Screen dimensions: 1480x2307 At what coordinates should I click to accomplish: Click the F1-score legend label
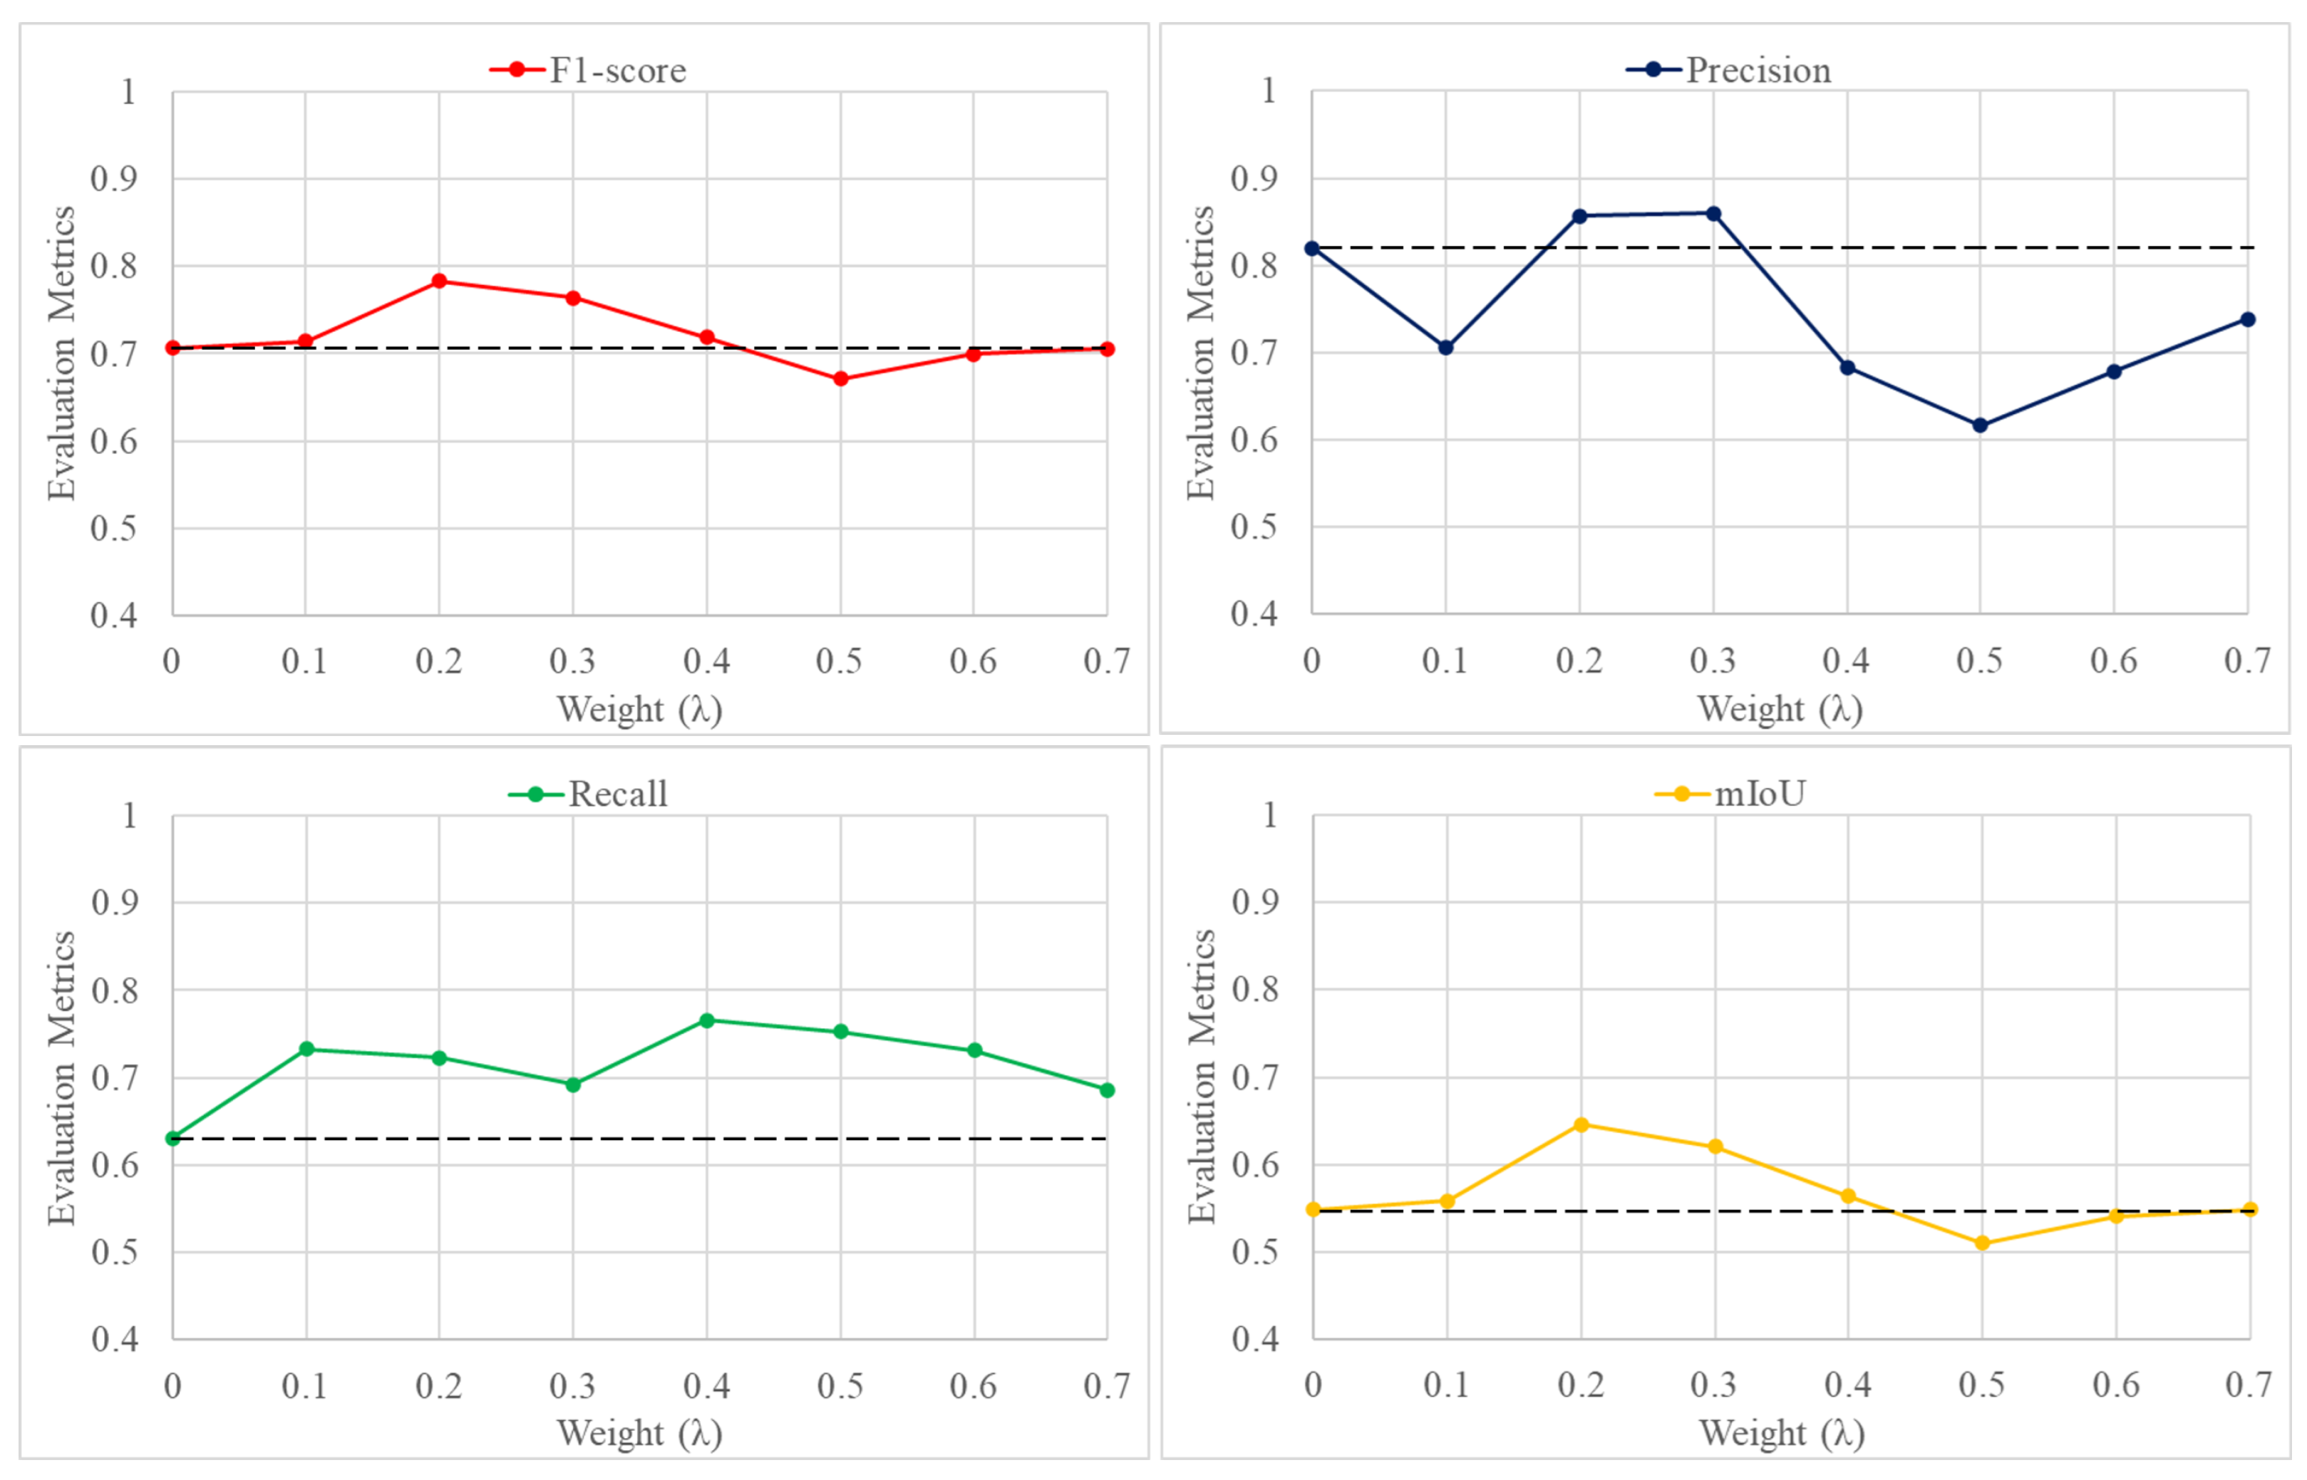pyautogui.click(x=617, y=70)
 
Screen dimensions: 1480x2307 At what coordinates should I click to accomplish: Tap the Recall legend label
pyautogui.click(x=617, y=794)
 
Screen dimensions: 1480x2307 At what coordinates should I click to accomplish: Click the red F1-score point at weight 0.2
pyautogui.click(x=439, y=281)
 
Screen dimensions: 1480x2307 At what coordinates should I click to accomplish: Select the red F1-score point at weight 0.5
pyautogui.click(x=840, y=378)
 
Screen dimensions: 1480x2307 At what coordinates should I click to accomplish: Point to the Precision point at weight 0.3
pyautogui.click(x=1713, y=213)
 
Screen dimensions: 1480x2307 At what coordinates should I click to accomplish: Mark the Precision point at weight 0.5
pyautogui.click(x=1979, y=425)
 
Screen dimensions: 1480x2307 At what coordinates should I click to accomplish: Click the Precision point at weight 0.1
pyautogui.click(x=1446, y=347)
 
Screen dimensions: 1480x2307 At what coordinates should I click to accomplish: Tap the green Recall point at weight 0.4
pyautogui.click(x=706, y=1020)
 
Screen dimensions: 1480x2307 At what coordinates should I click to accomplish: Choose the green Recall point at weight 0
pyautogui.click(x=173, y=1138)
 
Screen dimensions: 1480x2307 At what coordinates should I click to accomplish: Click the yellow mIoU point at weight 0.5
pyautogui.click(x=1981, y=1243)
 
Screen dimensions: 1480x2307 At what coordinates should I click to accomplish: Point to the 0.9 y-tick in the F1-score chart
pyautogui.click(x=113, y=179)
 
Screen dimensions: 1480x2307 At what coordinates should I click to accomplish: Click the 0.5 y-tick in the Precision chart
pyautogui.click(x=1254, y=527)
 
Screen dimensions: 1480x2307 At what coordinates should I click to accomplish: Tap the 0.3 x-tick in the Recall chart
pyautogui.click(x=572, y=1386)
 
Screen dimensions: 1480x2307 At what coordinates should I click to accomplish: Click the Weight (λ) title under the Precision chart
pyautogui.click(x=1780, y=709)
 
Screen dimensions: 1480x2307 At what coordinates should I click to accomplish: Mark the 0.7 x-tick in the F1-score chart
pyautogui.click(x=1105, y=661)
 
